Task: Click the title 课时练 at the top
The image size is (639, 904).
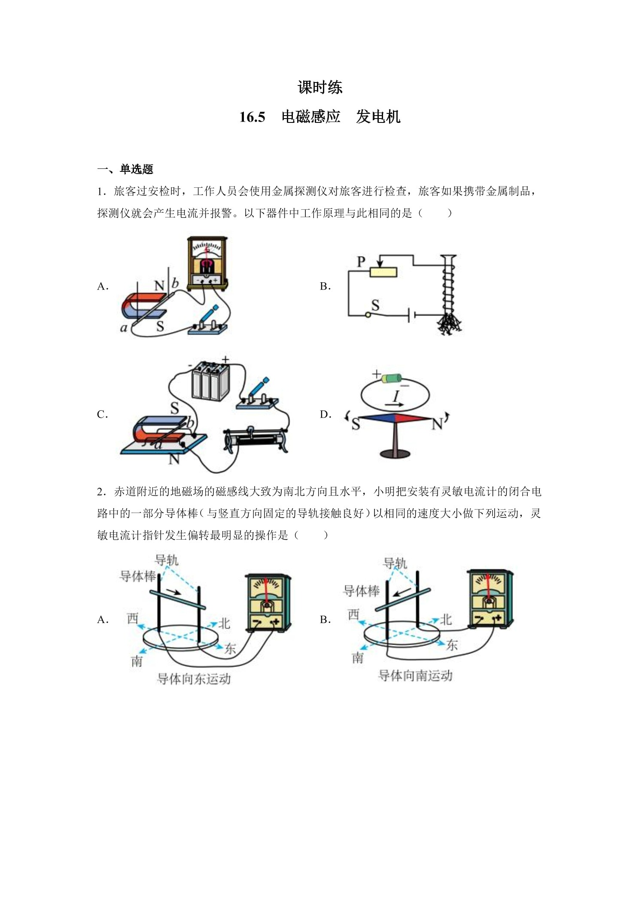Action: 319,87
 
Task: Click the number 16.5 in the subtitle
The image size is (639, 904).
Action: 252,117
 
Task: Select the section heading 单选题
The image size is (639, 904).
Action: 136,169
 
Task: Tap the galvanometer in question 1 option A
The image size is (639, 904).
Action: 207,263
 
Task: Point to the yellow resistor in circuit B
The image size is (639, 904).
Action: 383,272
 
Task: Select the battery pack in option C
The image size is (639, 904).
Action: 210,381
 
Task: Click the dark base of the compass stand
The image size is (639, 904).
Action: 395,453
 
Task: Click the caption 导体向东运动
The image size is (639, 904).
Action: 194,678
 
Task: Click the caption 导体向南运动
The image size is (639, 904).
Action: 415,675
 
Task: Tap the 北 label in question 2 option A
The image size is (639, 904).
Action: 224,623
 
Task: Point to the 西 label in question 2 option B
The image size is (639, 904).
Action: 353,614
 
